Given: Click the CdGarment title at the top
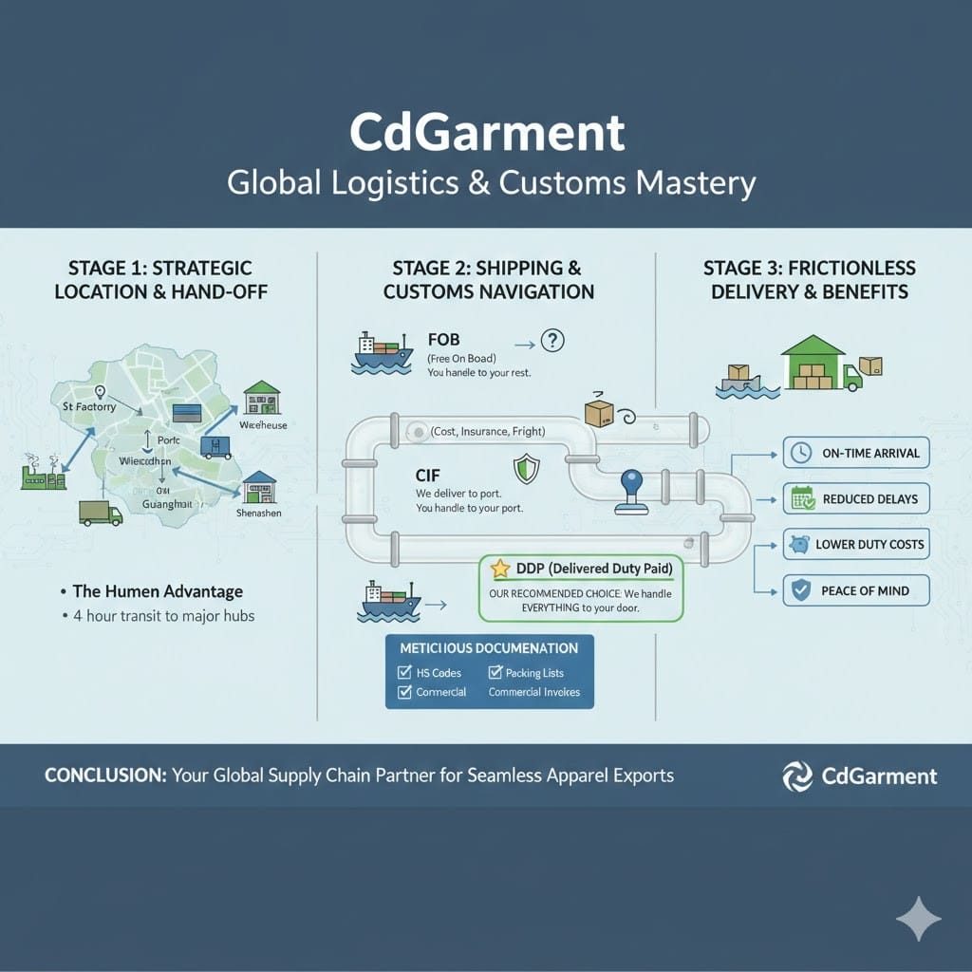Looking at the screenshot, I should (487, 132).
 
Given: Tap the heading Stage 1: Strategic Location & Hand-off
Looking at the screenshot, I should (160, 279).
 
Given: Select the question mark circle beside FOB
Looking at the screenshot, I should (551, 340).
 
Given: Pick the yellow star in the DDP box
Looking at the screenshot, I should (500, 569).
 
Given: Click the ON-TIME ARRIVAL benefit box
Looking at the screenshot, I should (855, 453).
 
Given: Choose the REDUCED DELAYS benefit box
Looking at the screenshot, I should (855, 498).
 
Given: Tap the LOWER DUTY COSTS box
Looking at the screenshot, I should (855, 544).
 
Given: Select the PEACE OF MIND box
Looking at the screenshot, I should (855, 590).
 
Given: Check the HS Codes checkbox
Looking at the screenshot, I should (403, 673).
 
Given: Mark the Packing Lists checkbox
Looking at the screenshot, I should (495, 673).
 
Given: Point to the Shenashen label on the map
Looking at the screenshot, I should (260, 513).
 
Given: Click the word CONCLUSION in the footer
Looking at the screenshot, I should (104, 776).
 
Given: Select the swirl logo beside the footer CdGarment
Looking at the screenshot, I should (796, 776).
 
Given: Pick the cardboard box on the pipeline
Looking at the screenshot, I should (598, 411).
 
